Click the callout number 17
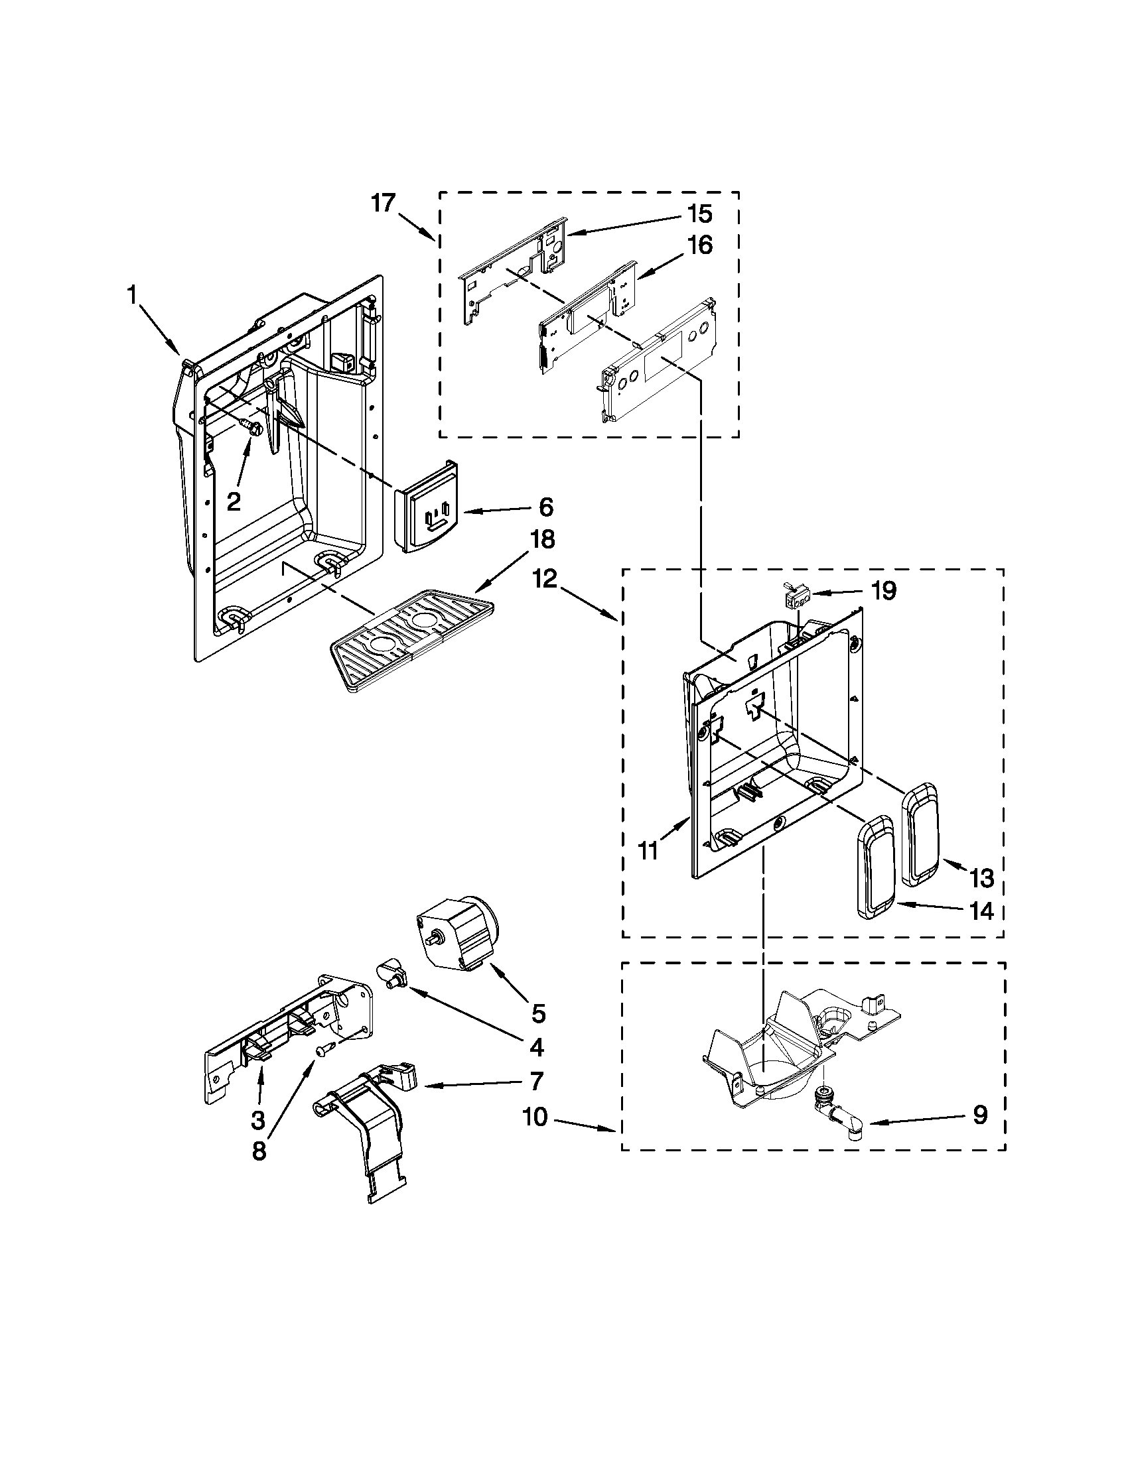pos(384,202)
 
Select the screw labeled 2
pos(252,427)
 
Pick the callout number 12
pos(545,579)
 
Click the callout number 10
pos(535,1116)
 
